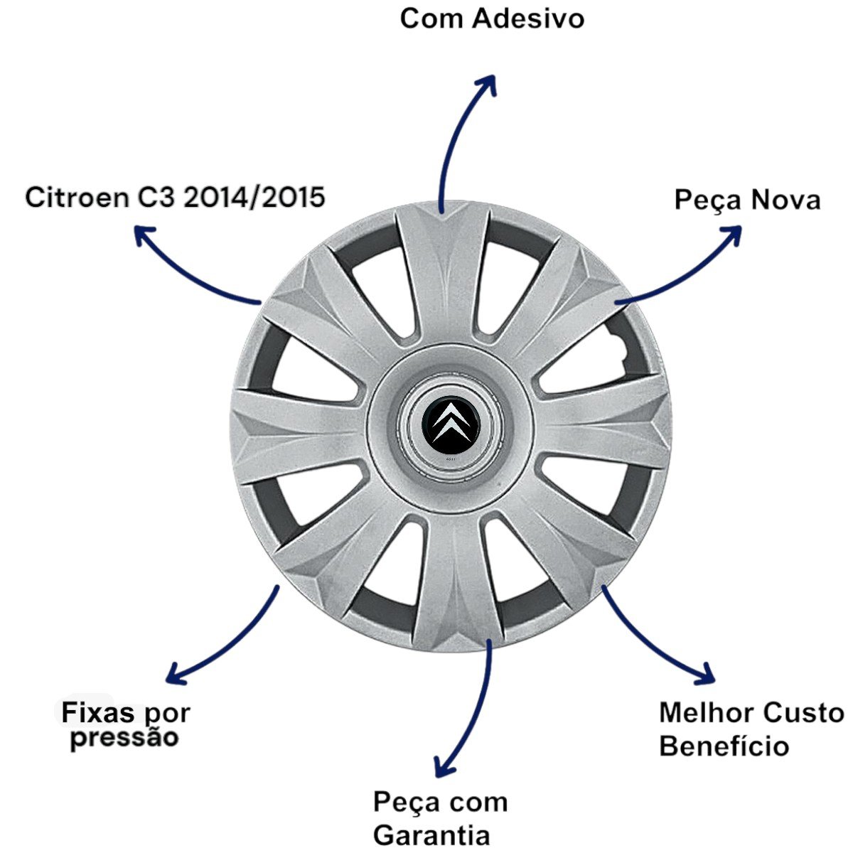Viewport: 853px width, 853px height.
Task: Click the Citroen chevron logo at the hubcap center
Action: [x=450, y=426]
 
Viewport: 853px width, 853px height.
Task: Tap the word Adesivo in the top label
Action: [x=527, y=18]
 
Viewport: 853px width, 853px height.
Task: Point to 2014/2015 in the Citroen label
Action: [x=254, y=197]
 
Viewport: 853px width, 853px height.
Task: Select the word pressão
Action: [x=124, y=737]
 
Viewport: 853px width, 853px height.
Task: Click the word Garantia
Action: [x=431, y=835]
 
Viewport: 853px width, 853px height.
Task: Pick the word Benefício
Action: [x=724, y=746]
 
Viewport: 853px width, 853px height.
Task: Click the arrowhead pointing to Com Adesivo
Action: [x=488, y=80]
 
